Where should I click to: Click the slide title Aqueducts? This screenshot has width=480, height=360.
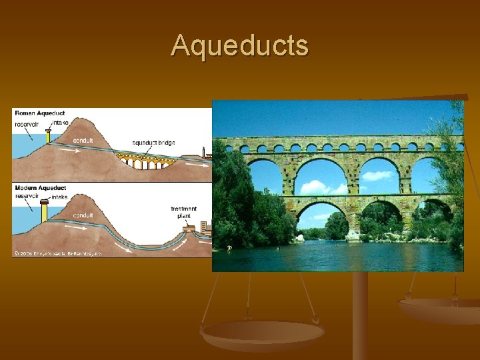pos(240,45)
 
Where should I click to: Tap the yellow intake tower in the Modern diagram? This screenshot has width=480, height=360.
pos(44,210)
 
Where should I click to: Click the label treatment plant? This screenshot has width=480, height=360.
pos(183,213)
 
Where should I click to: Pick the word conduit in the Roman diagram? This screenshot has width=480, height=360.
pos(83,141)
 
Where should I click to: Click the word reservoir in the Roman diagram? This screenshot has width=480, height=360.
pos(27,124)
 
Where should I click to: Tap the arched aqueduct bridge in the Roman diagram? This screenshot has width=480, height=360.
pos(143,160)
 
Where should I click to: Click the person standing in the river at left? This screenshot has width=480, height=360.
pos(229,249)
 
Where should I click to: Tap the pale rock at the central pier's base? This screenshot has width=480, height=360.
pos(353,235)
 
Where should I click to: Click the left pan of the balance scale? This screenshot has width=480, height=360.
pos(262,332)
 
